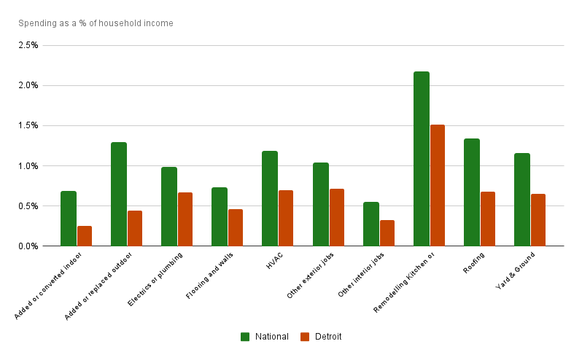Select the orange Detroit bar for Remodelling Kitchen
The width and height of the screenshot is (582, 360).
point(438,185)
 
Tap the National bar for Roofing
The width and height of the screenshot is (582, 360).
point(471,192)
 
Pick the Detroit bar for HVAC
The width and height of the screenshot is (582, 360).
point(286,218)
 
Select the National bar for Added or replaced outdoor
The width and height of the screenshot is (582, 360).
point(119,194)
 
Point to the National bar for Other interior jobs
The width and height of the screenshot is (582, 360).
point(370,224)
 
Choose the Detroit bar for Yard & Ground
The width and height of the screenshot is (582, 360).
point(538,219)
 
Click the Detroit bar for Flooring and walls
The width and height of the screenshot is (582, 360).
point(236,227)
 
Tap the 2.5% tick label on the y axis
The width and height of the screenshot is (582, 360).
point(28,45)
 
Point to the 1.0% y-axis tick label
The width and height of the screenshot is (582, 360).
point(28,165)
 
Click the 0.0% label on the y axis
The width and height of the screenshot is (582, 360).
point(28,246)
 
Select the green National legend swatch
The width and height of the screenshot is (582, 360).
point(245,337)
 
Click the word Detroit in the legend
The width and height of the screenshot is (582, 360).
point(327,337)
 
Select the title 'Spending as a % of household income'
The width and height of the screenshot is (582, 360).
point(96,23)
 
